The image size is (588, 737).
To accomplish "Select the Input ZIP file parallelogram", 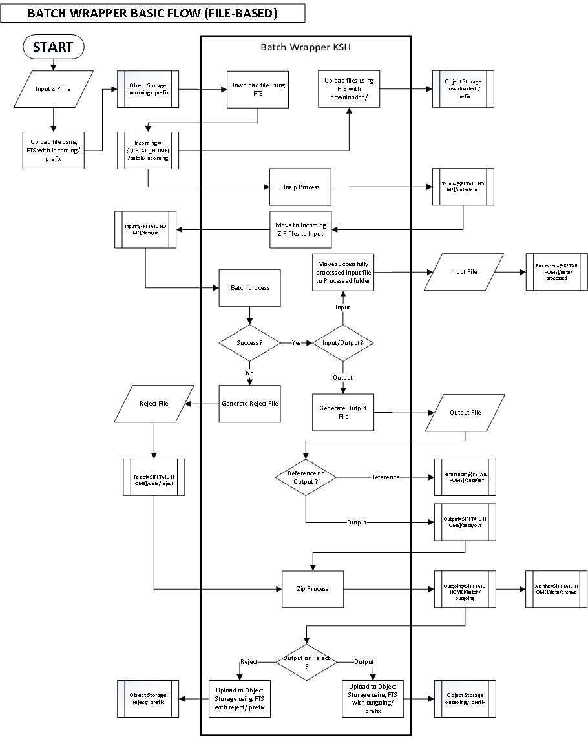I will [53, 88].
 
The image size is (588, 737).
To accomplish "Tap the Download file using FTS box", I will [258, 90].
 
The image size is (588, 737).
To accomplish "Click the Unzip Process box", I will [300, 187].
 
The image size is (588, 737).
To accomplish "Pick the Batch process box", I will [250, 287].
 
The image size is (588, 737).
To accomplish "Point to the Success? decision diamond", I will [250, 342].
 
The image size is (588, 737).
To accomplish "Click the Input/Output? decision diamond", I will [342, 342].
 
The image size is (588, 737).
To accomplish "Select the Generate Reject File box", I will [250, 403].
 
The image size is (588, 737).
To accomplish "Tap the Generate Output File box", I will [342, 412].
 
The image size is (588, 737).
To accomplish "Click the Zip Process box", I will [313, 588].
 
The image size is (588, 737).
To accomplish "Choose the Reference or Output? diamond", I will [306, 477].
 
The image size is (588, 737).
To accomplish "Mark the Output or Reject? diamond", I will [306, 661].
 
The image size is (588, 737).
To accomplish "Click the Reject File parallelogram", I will [154, 403].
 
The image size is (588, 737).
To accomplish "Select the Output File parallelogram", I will [465, 412].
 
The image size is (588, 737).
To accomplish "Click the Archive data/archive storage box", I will [556, 588].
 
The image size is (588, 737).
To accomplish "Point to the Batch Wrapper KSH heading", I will [305, 47].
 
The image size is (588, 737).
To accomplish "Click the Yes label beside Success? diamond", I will [297, 342].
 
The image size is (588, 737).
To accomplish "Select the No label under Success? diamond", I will [249, 373].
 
